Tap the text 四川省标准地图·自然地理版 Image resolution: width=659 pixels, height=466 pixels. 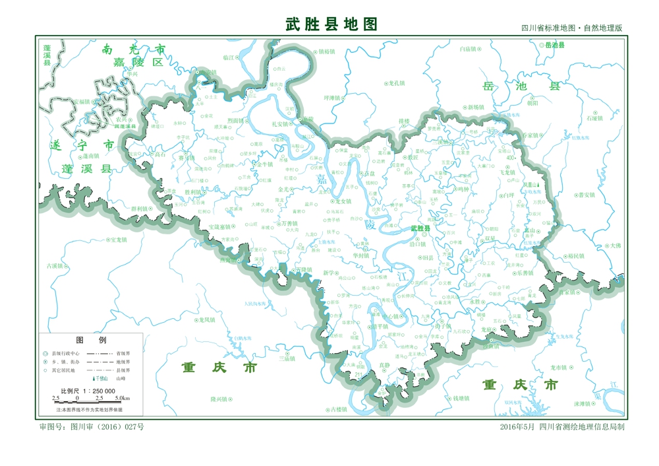click(x=571, y=28)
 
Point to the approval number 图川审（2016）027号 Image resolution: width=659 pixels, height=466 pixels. click(x=92, y=427)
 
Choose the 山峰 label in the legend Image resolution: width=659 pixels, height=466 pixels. click(x=121, y=379)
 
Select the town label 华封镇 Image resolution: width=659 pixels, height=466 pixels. click(x=360, y=255)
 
